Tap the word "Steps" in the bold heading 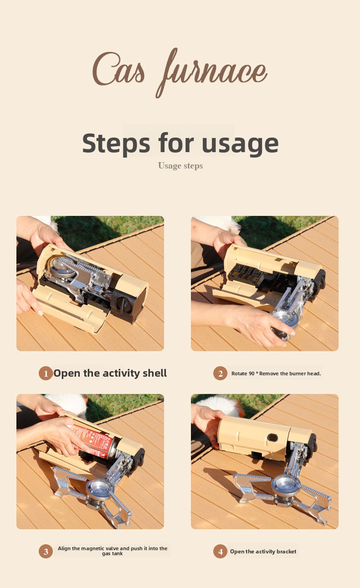coord(116,143)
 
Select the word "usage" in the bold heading coord(240,145)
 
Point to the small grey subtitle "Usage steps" coord(180,166)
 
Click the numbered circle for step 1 coord(46,373)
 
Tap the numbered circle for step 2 coord(220,373)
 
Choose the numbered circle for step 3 coord(46,551)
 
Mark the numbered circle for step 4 coord(220,551)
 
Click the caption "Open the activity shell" coord(110,373)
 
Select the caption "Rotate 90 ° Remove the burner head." coord(276,373)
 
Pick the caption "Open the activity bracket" coord(263,551)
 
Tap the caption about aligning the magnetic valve coord(113,551)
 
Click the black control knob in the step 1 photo coord(123,305)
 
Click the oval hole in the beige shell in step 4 coord(273,437)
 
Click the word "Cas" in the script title coord(118,69)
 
